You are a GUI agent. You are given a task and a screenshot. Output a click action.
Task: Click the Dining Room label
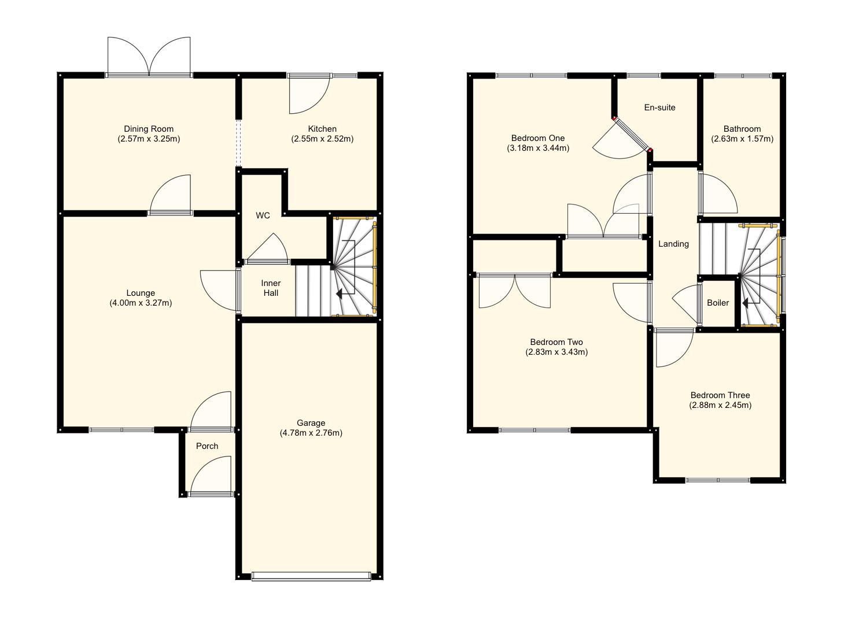(149, 129)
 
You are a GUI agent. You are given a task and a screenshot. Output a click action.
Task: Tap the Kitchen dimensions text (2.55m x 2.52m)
(322, 139)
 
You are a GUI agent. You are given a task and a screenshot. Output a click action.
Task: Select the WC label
(263, 216)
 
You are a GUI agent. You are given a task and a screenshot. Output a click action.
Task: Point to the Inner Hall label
(271, 288)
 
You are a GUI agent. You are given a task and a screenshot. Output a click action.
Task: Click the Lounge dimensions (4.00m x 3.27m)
(141, 303)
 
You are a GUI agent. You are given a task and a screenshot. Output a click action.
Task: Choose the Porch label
(207, 446)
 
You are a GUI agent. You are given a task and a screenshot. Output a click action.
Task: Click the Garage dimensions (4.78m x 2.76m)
(311, 433)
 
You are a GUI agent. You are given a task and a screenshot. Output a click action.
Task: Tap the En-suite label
(659, 107)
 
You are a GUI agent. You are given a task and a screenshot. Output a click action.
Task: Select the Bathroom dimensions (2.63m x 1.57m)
(742, 139)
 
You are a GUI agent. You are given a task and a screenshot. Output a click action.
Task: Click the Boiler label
(718, 303)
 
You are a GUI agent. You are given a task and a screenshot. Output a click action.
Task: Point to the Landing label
(673, 244)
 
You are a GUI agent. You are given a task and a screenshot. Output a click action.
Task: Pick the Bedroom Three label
(720, 395)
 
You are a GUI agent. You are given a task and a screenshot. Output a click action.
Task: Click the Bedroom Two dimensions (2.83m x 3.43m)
(556, 352)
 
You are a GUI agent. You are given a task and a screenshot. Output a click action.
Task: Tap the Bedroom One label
(538, 138)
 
